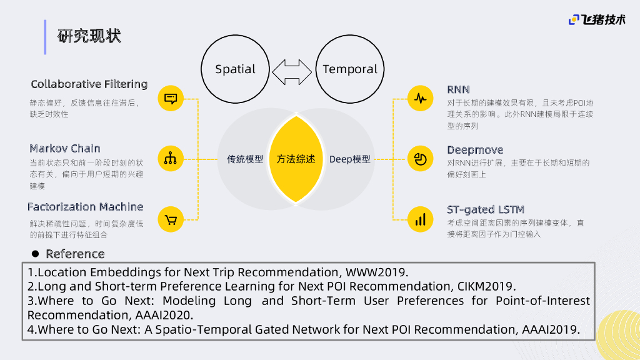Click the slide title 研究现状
coord(89,36)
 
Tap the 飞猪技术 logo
coord(597,20)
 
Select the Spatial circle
coord(235,69)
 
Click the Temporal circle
coord(350,69)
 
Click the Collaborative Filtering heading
coord(89,84)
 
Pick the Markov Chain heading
coord(65,148)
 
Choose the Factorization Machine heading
coord(85,207)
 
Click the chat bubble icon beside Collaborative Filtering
coord(170,98)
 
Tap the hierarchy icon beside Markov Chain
coord(170,159)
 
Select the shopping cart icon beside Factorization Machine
coord(170,219)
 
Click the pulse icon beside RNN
coord(420,98)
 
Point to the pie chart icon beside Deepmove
coord(420,159)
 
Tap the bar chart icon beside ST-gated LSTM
coord(420,219)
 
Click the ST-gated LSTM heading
coord(486,209)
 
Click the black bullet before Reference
coord(36,254)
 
